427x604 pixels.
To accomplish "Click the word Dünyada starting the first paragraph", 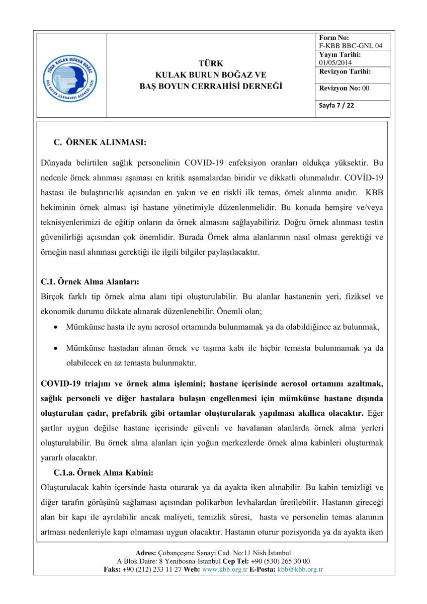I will (56, 163).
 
